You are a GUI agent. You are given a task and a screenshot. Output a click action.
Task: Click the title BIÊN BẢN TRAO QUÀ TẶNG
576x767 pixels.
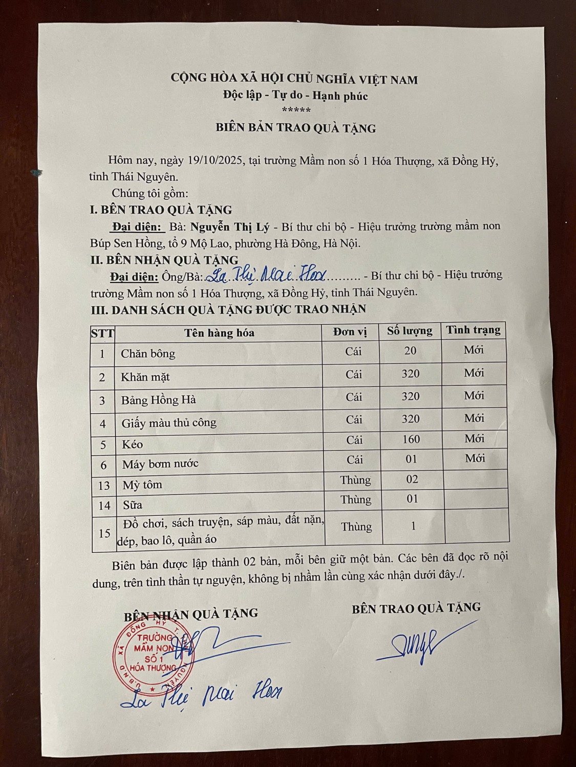295,128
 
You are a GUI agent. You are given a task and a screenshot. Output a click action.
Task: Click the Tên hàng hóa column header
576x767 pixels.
219,333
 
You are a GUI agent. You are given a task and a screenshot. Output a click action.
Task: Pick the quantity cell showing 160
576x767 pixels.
411,439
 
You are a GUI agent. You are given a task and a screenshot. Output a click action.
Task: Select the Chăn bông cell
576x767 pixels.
148,353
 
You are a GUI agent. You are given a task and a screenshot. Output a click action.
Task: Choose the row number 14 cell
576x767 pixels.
104,505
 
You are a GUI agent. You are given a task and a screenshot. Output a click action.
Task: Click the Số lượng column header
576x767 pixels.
410,331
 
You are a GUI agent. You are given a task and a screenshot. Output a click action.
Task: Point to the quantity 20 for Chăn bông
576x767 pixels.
410,351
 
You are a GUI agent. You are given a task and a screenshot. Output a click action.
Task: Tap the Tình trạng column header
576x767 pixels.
473,330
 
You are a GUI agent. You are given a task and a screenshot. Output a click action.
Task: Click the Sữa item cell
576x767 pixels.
133,505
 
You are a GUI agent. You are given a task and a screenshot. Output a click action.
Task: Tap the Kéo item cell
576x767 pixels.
132,444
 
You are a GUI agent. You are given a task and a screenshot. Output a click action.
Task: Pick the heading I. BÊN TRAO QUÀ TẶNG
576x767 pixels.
161,210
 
